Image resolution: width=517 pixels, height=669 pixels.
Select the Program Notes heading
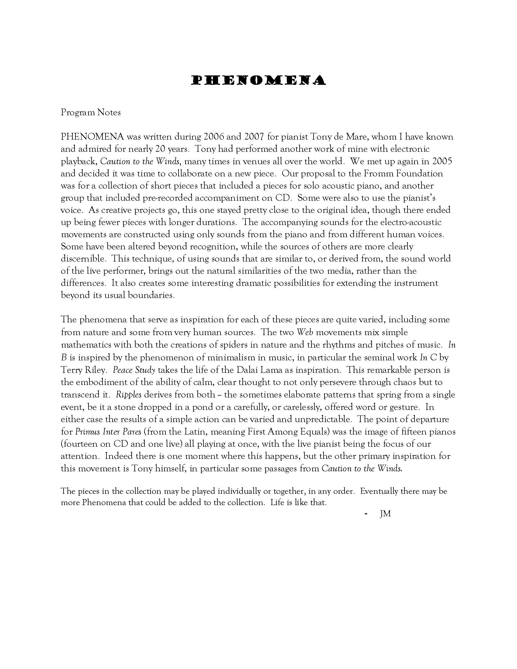(x=91, y=113)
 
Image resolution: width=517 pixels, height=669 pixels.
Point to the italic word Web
(x=305, y=332)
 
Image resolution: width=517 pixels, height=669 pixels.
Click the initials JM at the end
(x=385, y=514)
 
